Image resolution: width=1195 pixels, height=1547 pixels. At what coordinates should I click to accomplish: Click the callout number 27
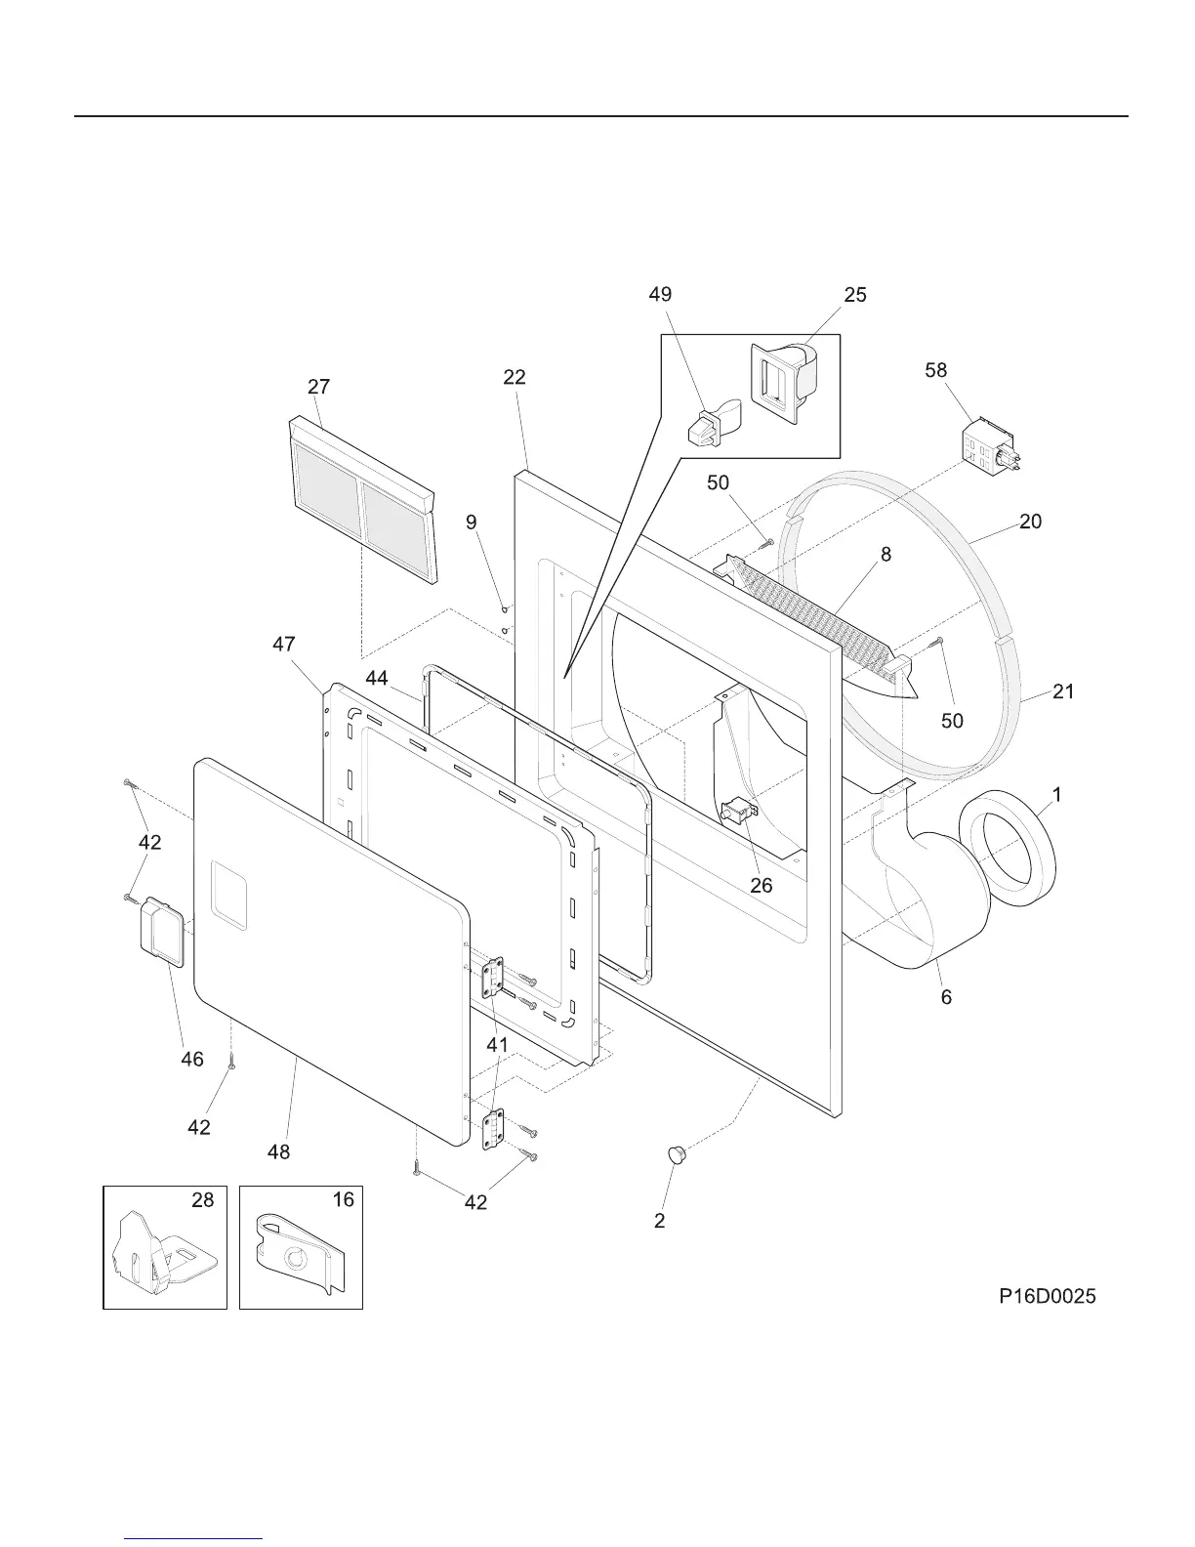click(x=318, y=387)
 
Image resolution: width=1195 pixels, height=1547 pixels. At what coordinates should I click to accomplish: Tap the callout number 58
click(x=936, y=370)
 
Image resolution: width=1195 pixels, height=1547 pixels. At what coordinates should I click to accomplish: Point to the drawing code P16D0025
click(x=1047, y=1296)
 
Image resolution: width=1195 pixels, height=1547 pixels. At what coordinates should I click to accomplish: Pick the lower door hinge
click(x=493, y=1130)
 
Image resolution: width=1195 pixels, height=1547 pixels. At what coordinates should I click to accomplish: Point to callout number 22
click(x=515, y=377)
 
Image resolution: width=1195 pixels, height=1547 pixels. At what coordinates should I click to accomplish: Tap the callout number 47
click(x=284, y=645)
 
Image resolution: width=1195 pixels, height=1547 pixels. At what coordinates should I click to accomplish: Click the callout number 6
click(x=946, y=997)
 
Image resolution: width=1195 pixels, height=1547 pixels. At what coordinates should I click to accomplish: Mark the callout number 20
click(x=1030, y=522)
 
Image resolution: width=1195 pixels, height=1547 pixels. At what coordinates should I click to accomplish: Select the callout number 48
click(x=279, y=1152)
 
